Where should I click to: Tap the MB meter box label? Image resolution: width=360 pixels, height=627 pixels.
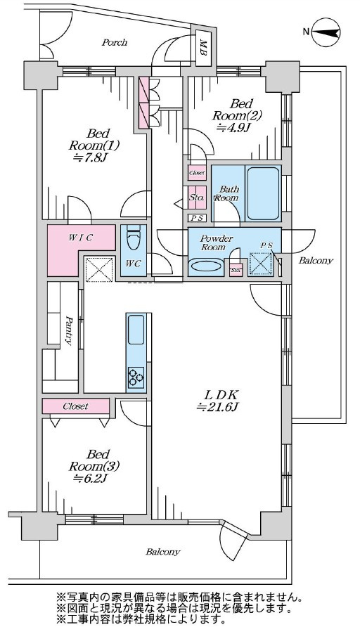(203, 48)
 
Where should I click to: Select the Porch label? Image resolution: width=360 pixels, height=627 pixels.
(115, 42)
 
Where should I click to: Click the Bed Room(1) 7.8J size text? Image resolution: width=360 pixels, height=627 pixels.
(91, 158)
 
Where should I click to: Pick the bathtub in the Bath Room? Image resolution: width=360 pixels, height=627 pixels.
(263, 193)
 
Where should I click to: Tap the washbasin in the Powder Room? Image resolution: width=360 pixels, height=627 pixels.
(205, 265)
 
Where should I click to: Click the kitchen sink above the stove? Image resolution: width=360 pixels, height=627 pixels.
(136, 330)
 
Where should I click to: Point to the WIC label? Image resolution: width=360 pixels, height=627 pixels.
(80, 238)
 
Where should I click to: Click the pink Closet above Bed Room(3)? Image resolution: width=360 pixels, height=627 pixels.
(76, 406)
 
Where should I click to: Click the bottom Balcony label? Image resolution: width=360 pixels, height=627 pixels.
(163, 552)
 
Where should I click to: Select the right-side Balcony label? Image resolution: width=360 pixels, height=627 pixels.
(316, 261)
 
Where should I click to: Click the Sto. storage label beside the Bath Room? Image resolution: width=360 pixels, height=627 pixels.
(197, 197)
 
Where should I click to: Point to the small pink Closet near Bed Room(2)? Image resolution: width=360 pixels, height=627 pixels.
(197, 173)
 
